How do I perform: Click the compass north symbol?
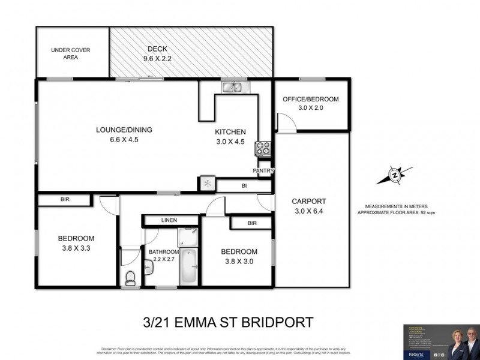[x=394, y=175]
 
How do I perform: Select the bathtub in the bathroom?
[x=189, y=266]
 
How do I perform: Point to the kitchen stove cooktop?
[x=263, y=147]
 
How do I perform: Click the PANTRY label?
[x=263, y=171]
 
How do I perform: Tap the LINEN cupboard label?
[x=169, y=221]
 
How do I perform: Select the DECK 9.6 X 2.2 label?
[x=159, y=54]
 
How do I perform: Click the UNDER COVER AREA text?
[x=70, y=54]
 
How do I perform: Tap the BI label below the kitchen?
[x=244, y=187]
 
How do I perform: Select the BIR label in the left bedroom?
[x=65, y=200]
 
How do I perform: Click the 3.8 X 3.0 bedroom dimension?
[x=238, y=262]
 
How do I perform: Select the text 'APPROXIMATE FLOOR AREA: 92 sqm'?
[x=400, y=212]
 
